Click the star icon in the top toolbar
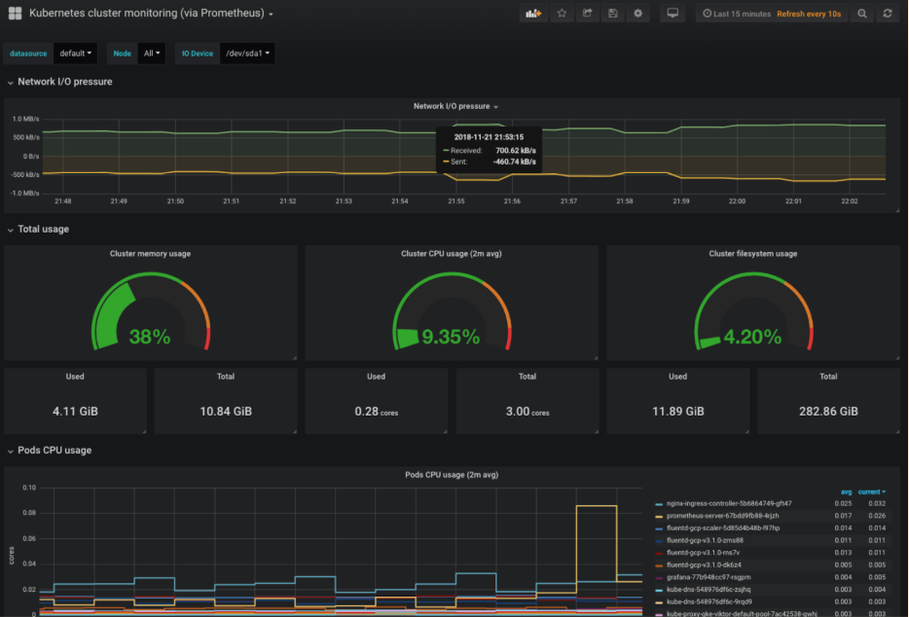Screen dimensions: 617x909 click(x=562, y=14)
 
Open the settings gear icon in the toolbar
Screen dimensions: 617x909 click(x=637, y=14)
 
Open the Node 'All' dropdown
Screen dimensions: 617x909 click(x=152, y=54)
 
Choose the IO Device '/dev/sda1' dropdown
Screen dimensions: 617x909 click(x=247, y=54)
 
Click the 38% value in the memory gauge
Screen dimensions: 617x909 click(x=150, y=337)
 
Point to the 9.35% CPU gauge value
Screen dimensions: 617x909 click(x=451, y=337)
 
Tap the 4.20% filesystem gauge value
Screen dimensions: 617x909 click(x=752, y=337)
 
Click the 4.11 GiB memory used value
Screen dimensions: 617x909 click(x=75, y=411)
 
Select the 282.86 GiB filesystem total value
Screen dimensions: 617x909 click(x=828, y=411)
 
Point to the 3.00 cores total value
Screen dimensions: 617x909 click(x=527, y=411)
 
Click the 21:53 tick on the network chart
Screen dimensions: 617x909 click(x=344, y=201)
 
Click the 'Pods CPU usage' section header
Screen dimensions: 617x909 click(x=55, y=451)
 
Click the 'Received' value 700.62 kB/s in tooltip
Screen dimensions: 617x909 click(x=515, y=151)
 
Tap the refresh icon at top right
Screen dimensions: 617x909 click(x=887, y=14)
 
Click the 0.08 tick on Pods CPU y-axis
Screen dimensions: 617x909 click(x=29, y=513)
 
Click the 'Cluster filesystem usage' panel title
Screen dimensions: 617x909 click(x=752, y=254)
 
